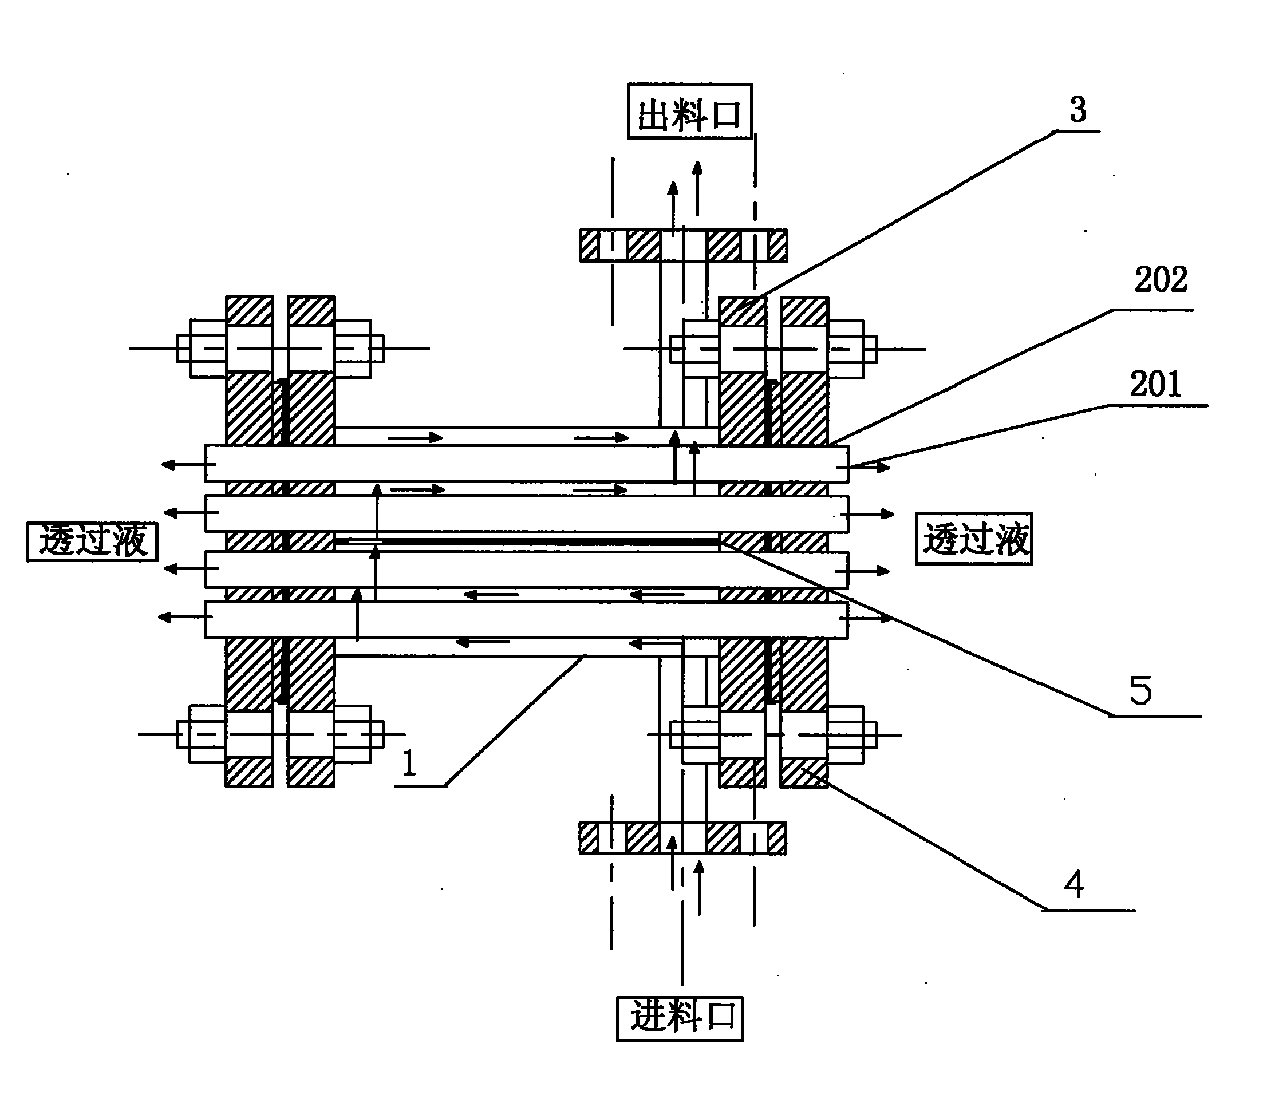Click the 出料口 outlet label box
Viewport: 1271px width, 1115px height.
point(689,112)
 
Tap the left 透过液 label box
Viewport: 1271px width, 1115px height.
point(92,541)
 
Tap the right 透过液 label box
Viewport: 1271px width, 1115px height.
point(974,539)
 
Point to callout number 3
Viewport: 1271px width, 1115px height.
point(1077,110)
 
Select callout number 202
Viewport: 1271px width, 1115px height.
point(1161,280)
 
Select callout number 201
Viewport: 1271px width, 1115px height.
point(1155,384)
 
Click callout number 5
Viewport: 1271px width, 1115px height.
point(1140,690)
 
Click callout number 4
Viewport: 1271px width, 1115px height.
point(1073,883)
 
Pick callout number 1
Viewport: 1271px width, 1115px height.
point(409,762)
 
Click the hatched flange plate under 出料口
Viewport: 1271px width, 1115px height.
point(684,246)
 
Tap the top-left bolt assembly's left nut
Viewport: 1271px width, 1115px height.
point(207,349)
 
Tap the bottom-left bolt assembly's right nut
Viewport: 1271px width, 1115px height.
point(353,734)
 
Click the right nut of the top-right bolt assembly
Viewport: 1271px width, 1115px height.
point(846,349)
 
